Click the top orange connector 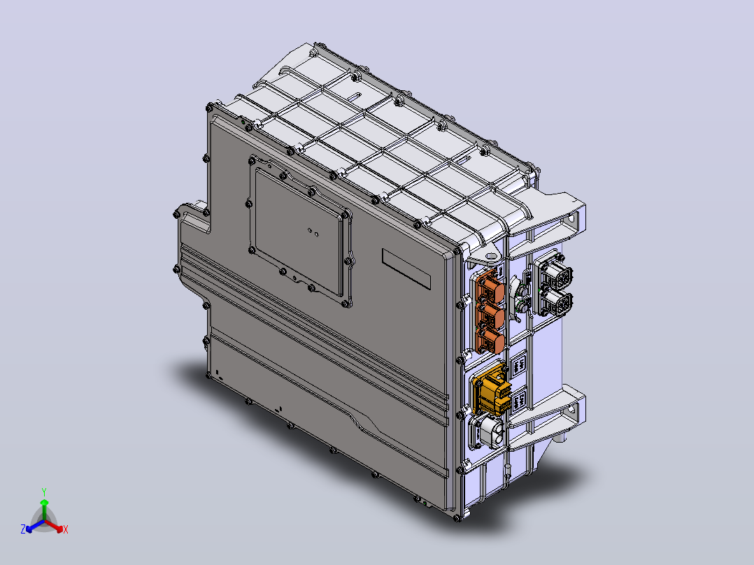click(x=490, y=287)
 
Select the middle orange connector click(x=490, y=315)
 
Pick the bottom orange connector click(x=490, y=340)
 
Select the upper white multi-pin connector click(x=555, y=274)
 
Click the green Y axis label click(x=44, y=492)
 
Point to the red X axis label click(x=66, y=529)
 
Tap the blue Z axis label click(x=23, y=529)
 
